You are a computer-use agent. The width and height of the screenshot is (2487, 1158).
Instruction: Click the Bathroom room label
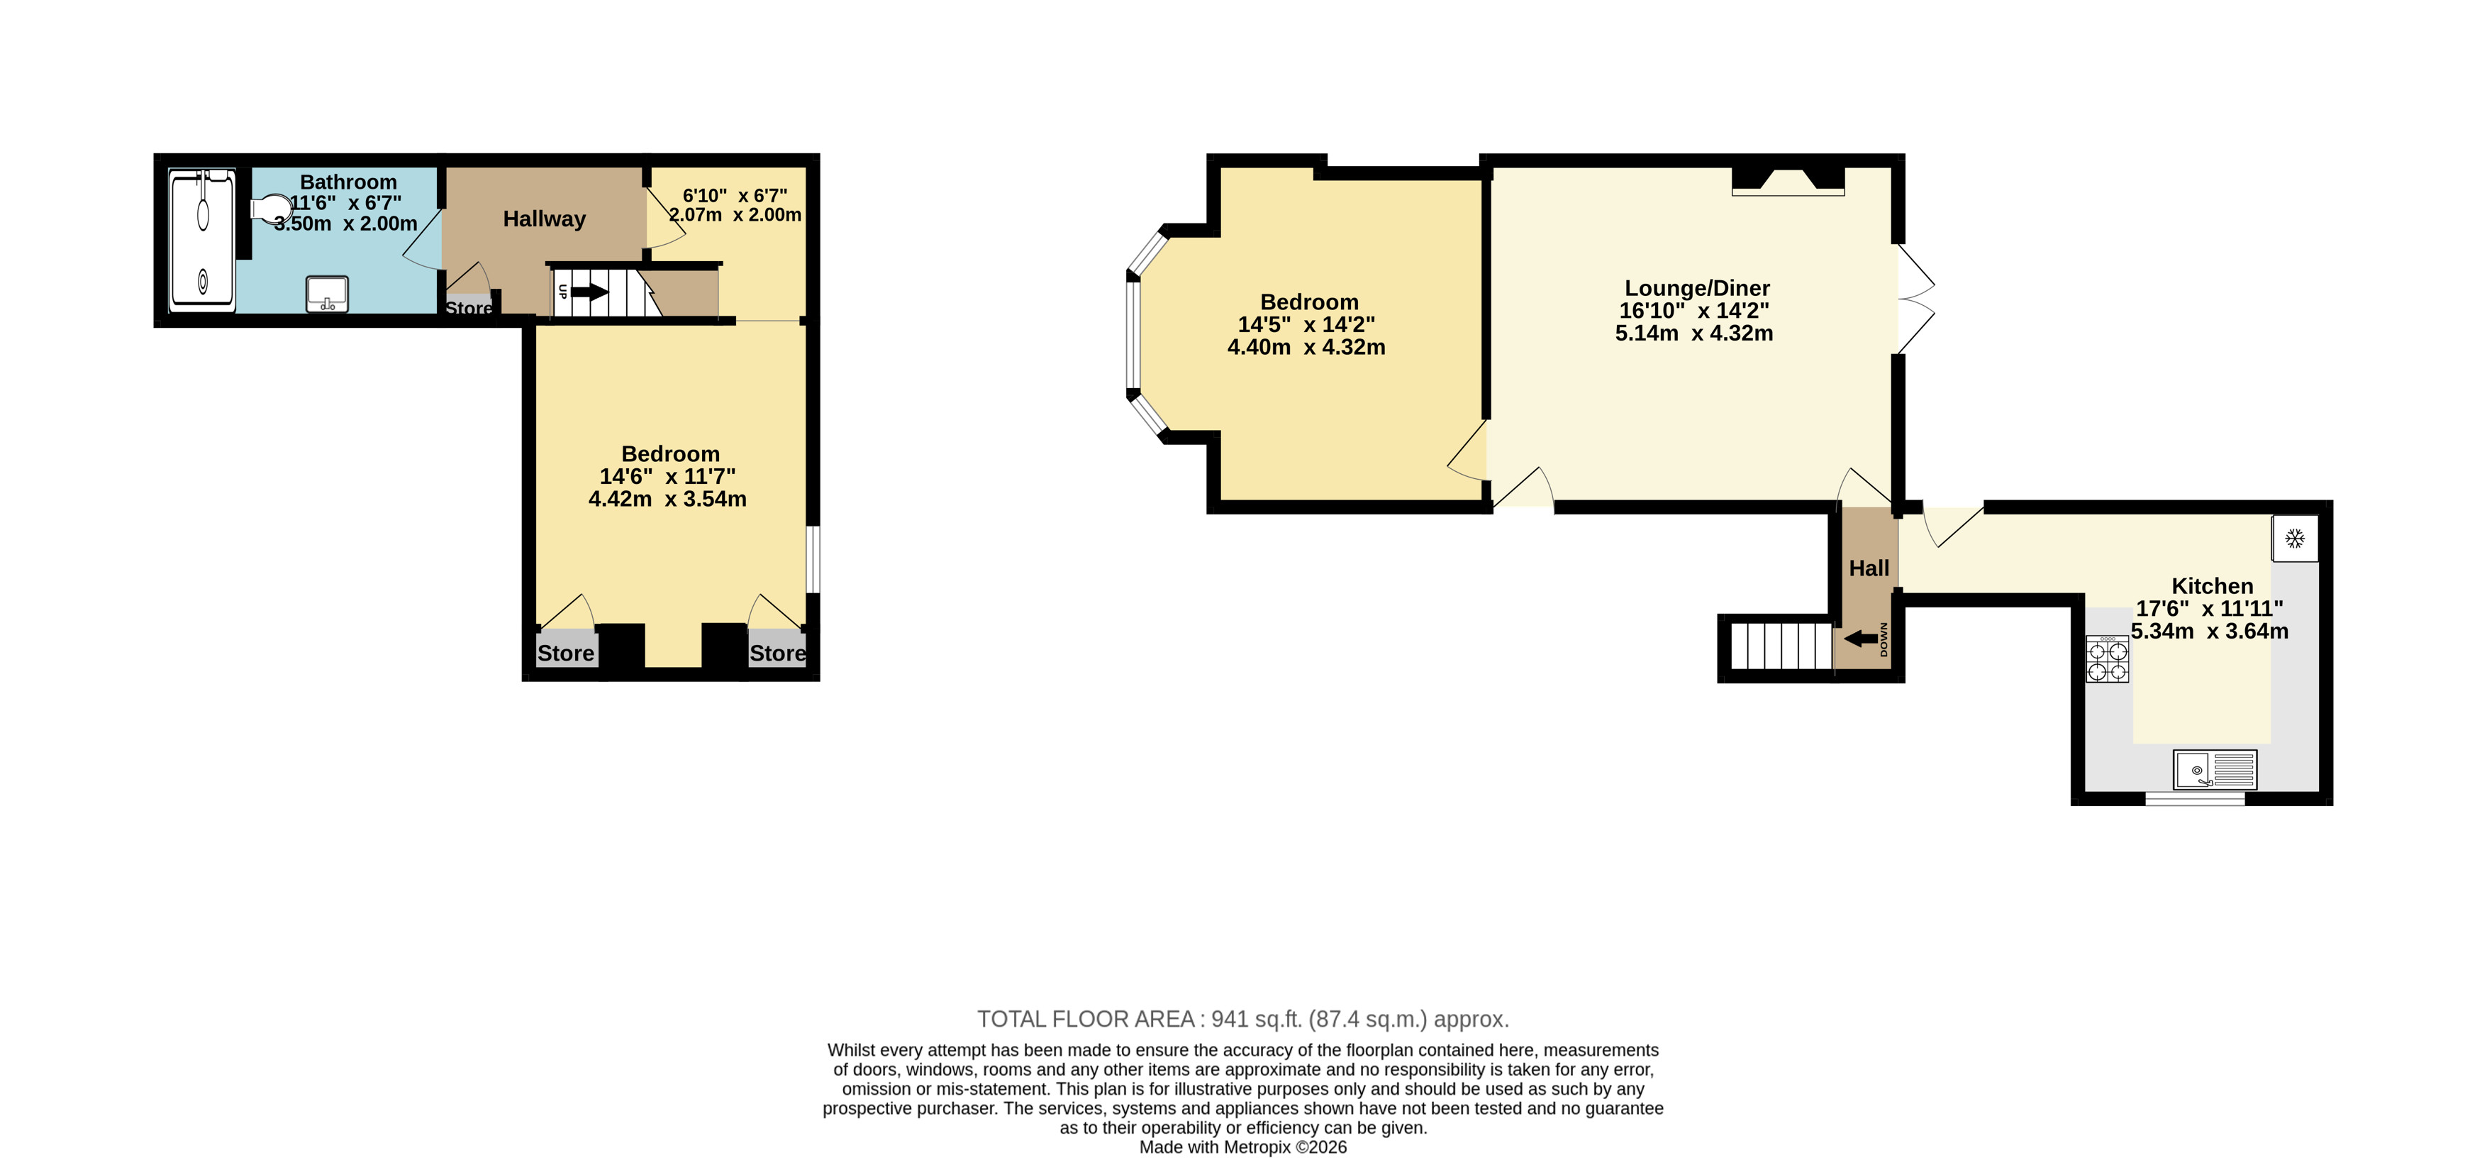coord(348,182)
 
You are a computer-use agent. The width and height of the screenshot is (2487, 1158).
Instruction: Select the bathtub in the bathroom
coord(203,241)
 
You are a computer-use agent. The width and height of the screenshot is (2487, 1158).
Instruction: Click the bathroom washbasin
coord(328,294)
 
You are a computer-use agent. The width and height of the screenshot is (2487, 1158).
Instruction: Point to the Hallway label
coord(545,219)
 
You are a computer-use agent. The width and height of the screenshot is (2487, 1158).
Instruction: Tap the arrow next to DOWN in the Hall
coord(1860,639)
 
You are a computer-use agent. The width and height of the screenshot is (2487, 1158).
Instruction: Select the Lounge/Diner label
coord(1697,288)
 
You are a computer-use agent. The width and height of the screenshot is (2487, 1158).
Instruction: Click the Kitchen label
coord(2212,586)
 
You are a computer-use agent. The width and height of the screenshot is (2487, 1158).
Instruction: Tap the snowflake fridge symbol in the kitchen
coord(2295,538)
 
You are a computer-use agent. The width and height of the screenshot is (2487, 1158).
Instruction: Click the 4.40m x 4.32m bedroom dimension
coord(1306,348)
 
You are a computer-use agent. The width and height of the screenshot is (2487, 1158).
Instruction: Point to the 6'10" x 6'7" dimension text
coord(735,196)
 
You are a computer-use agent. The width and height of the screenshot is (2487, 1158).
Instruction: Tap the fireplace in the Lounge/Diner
coord(1788,181)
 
